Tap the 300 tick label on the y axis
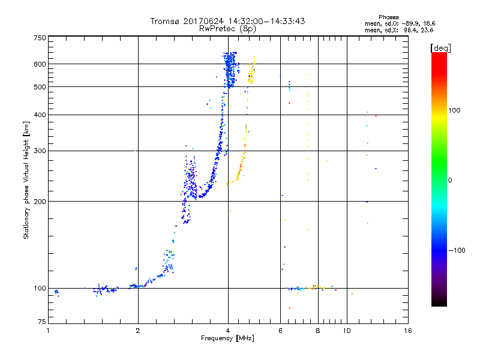40,151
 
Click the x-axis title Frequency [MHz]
228,339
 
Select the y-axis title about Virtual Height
26,180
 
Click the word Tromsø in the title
165,21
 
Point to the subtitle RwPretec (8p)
228,28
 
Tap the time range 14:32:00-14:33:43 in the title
264,21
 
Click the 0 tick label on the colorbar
451,180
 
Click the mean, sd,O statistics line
395,23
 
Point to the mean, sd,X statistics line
395,29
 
